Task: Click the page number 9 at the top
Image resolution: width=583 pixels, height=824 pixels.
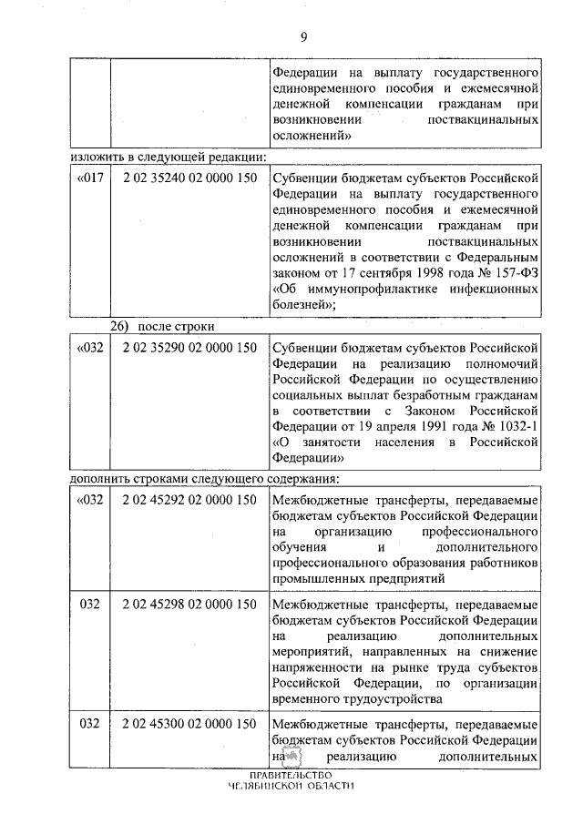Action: click(x=303, y=36)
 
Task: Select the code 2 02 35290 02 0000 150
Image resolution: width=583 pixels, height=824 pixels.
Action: click(x=188, y=348)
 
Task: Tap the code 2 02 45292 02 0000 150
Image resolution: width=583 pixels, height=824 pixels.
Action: click(x=188, y=500)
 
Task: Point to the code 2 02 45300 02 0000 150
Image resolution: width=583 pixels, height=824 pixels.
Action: click(x=188, y=725)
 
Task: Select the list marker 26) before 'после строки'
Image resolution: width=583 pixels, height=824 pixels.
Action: click(x=122, y=326)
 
